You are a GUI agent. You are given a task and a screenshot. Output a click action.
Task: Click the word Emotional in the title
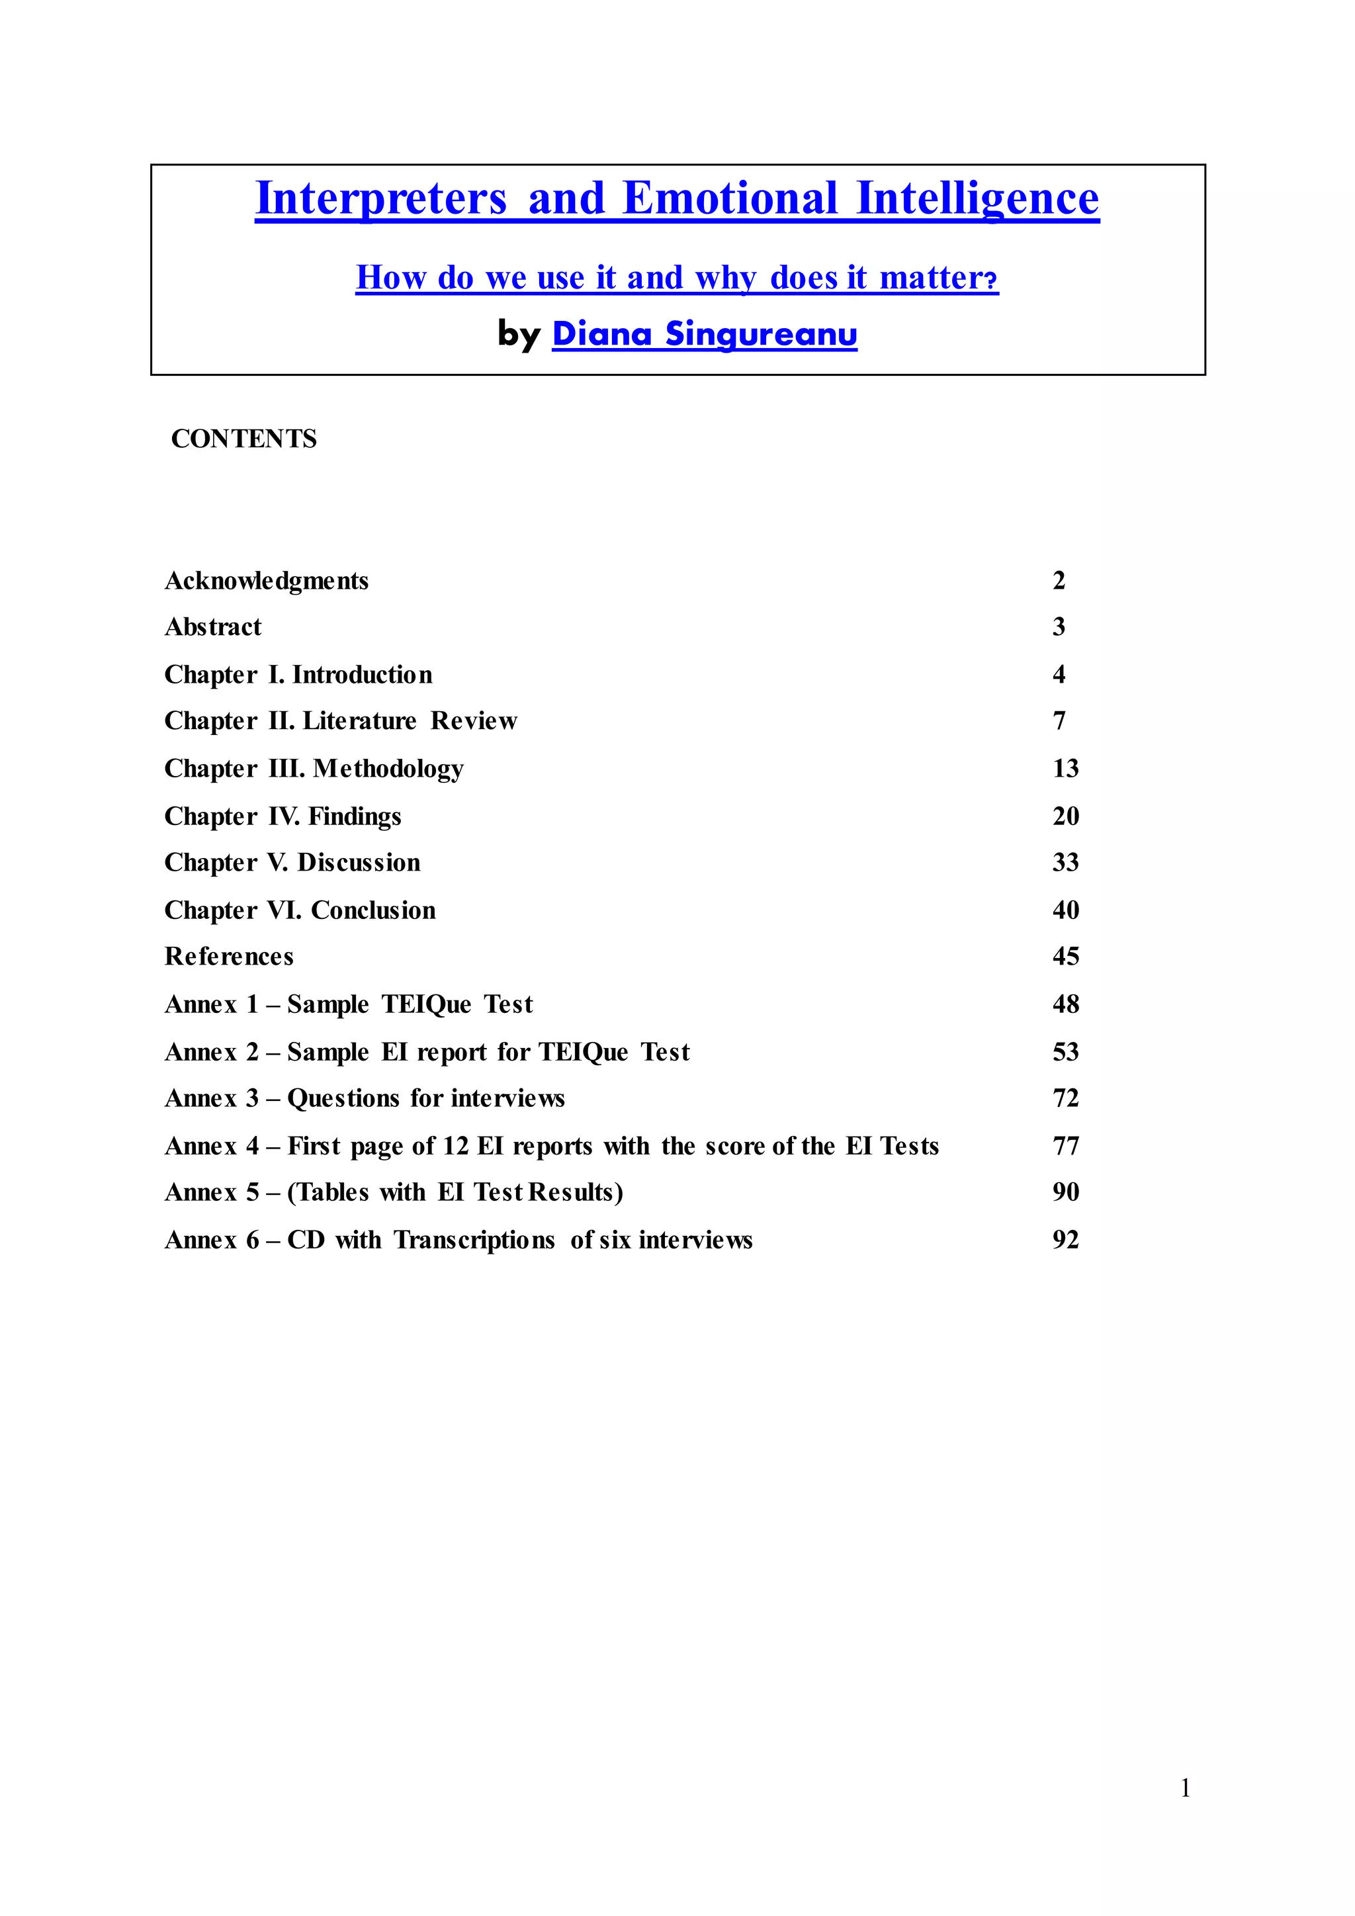click(x=729, y=198)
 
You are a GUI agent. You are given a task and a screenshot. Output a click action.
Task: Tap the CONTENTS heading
click(x=243, y=439)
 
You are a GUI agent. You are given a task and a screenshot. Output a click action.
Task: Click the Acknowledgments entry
click(x=266, y=581)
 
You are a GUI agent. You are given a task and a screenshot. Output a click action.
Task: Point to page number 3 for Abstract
click(x=1059, y=627)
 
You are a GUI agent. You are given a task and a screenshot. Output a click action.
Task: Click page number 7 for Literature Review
click(x=1059, y=721)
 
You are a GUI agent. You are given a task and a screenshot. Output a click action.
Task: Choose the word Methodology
click(x=388, y=769)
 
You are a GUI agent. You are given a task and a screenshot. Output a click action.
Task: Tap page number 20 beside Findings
click(x=1065, y=816)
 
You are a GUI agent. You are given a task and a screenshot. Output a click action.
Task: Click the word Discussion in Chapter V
click(x=359, y=863)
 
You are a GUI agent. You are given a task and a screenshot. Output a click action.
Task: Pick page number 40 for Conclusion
click(x=1065, y=910)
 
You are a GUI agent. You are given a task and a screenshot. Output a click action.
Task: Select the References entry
click(x=229, y=956)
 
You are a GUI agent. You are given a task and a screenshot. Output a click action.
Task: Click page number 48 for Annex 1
click(x=1065, y=1004)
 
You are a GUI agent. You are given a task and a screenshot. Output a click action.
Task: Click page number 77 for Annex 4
click(x=1065, y=1146)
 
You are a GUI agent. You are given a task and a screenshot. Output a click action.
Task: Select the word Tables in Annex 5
click(x=333, y=1192)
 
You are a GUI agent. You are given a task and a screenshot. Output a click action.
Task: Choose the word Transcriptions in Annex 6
click(x=474, y=1240)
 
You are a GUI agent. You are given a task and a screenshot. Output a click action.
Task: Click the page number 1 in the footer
click(x=1185, y=1788)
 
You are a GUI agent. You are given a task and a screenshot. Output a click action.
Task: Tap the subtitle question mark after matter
click(x=991, y=280)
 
